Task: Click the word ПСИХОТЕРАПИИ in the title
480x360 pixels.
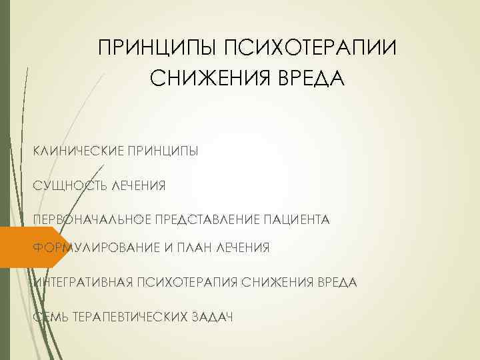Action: (310, 49)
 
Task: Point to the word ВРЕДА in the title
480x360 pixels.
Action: (310, 80)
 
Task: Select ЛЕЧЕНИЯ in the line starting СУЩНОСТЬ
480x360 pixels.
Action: (139, 184)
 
